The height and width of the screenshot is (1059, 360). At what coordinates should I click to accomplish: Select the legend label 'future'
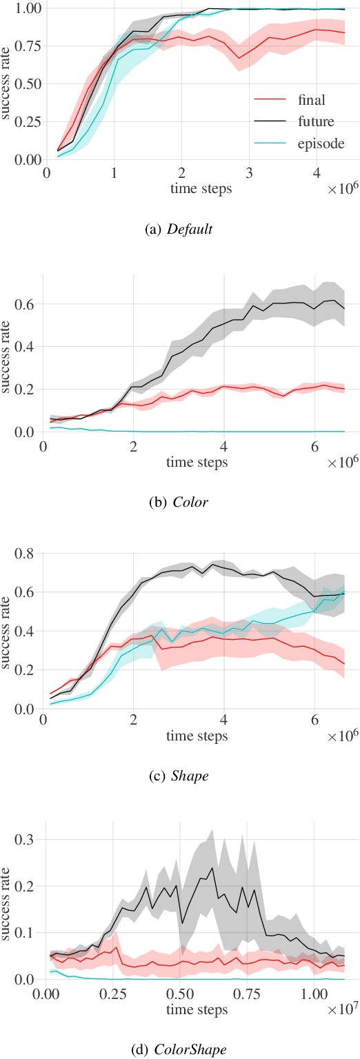point(317,122)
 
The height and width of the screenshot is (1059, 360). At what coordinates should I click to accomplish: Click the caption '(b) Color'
point(179,502)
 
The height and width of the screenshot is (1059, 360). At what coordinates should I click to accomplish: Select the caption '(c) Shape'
point(179,776)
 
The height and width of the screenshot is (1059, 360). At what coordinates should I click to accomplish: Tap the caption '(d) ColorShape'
point(179,1049)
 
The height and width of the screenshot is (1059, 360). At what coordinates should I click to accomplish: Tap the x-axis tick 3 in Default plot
point(249,172)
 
